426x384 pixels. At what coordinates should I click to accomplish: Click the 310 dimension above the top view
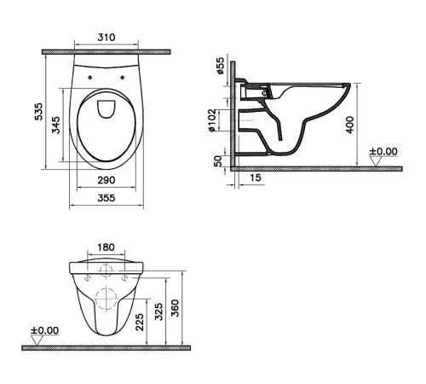(106, 39)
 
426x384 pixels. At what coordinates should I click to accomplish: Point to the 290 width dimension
(106, 181)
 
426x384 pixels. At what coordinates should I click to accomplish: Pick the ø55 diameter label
(221, 67)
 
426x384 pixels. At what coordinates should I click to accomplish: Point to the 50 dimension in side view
(221, 160)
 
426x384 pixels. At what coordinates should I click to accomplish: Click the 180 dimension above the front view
(106, 248)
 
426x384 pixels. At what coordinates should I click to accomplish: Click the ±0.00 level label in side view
(383, 152)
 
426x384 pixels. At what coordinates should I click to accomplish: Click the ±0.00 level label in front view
(44, 330)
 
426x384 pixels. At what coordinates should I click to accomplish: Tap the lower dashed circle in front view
(106, 300)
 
